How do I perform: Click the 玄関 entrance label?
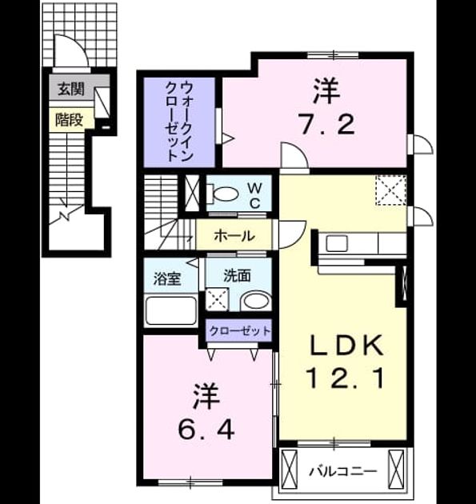(71, 89)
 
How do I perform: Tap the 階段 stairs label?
(69, 119)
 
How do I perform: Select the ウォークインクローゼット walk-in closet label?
(178, 122)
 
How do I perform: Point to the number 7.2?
(326, 125)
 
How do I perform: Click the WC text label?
(254, 194)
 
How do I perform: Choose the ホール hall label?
(234, 236)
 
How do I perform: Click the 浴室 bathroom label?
(167, 278)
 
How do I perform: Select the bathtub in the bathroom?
(171, 310)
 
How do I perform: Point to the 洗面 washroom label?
(237, 275)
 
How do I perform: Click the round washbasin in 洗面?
(256, 301)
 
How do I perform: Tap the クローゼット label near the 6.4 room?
(239, 330)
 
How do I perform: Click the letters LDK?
(346, 346)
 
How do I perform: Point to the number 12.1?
(345, 378)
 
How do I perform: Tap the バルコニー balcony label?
(342, 471)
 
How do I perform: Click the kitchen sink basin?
(337, 243)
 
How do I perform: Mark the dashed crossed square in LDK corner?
(391, 190)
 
